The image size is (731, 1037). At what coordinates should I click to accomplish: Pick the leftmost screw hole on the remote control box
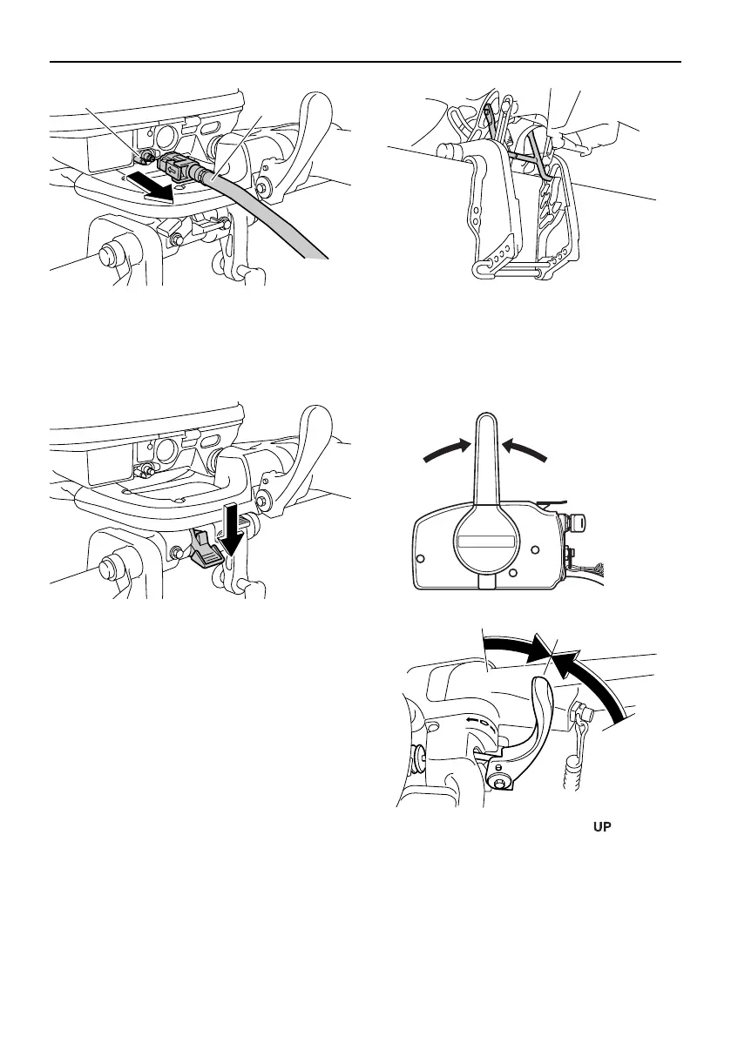click(x=422, y=558)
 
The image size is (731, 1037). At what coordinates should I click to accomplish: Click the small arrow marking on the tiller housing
click(x=474, y=720)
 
